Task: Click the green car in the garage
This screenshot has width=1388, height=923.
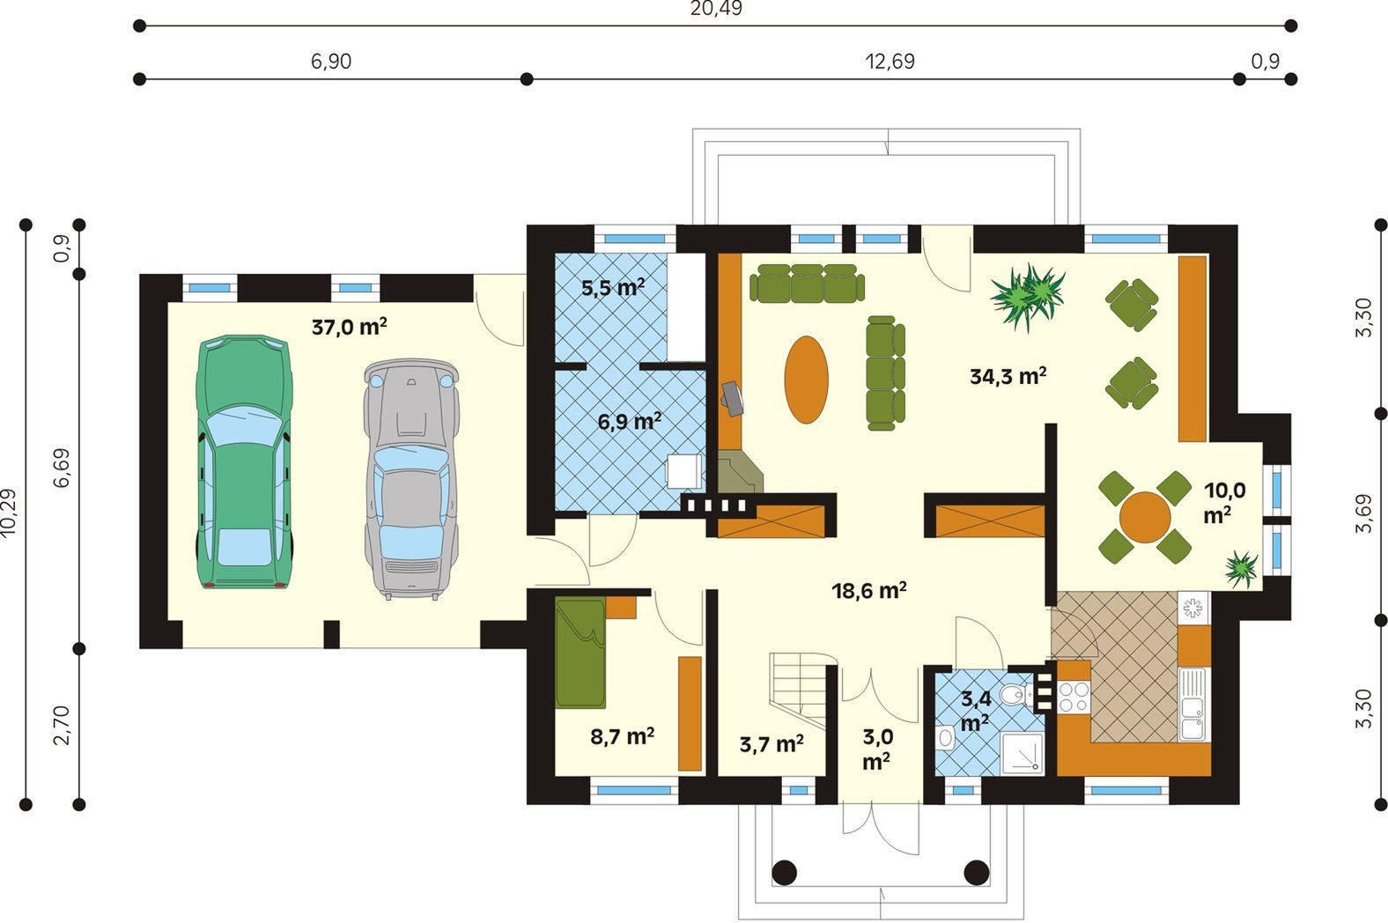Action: pos(244,461)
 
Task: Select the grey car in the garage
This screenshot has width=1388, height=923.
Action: pos(411,479)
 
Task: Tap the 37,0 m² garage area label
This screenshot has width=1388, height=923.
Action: pos(350,326)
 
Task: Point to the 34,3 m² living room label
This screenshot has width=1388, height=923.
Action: pos(1008,375)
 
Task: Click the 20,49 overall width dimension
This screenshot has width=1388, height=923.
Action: pos(716,9)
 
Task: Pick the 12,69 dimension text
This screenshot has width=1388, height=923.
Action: pos(890,62)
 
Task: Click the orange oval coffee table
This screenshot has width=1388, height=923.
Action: pos(806,380)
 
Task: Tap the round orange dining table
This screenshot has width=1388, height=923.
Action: pos(1145,517)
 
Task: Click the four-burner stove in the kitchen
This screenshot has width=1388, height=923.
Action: pos(1074,697)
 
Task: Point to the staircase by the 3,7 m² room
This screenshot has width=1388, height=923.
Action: pos(798,689)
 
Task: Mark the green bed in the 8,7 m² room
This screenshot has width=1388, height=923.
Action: pos(580,653)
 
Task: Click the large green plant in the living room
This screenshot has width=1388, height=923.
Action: pos(1028,297)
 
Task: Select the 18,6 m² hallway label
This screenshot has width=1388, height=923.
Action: pos(868,590)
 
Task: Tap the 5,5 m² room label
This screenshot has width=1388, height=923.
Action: pos(613,287)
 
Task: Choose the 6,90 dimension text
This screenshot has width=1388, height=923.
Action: pos(331,62)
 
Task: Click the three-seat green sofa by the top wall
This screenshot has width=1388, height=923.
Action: pos(807,283)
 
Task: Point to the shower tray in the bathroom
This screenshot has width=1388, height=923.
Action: pos(1023,753)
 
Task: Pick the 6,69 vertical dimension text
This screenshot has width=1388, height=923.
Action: pos(62,468)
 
